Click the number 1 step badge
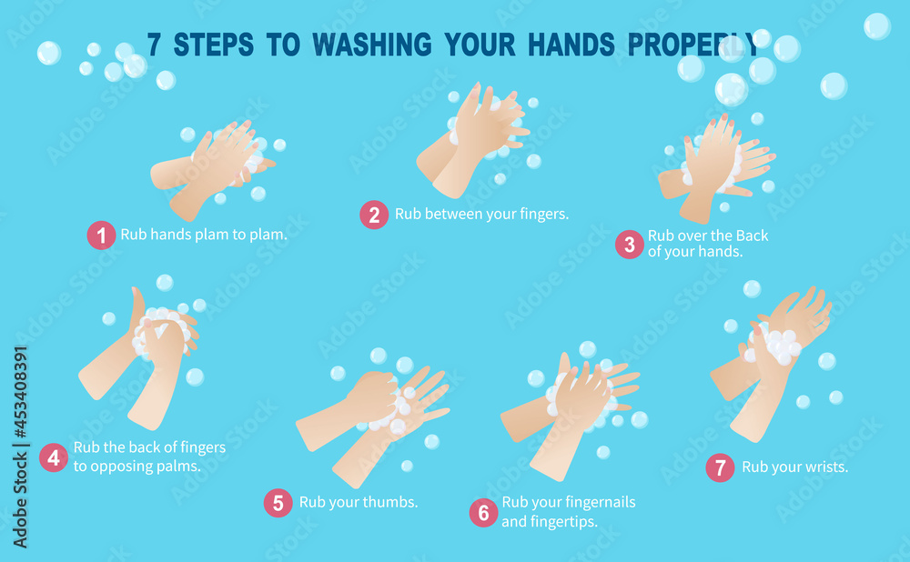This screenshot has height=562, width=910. point(101,236)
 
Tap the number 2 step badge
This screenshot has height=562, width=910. point(374,215)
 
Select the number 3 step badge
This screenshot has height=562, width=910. point(629,244)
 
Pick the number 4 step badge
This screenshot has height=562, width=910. point(54,457)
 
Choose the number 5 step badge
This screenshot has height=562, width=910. point(278,503)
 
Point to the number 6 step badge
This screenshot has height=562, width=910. point(483,512)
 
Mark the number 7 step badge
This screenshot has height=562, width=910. point(720,467)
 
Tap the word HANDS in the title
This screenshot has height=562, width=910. point(574,45)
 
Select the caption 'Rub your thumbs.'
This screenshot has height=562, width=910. point(359,502)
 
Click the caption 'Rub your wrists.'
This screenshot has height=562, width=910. point(794,467)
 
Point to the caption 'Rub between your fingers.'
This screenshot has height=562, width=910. point(481,215)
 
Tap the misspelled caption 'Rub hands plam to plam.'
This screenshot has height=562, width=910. point(204,235)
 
